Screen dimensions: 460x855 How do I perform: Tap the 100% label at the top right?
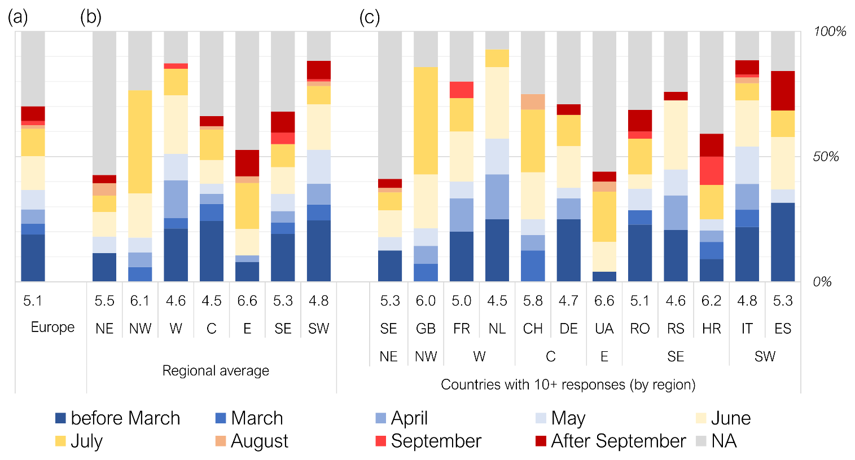(829, 32)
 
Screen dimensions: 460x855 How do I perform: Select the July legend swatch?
(60, 441)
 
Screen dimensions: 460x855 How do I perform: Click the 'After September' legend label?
(618, 441)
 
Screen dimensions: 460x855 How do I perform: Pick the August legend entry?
(259, 441)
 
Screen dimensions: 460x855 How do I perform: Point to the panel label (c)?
(370, 17)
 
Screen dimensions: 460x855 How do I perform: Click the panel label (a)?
(17, 17)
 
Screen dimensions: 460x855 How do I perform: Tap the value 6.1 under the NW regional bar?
(140, 301)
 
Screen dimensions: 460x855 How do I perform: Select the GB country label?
(426, 329)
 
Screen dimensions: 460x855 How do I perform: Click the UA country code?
(604, 329)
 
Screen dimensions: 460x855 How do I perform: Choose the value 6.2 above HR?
(711, 301)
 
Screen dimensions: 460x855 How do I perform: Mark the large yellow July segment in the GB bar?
(426, 121)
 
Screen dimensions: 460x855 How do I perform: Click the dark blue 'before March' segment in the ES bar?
(783, 242)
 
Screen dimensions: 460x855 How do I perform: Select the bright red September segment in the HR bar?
(711, 171)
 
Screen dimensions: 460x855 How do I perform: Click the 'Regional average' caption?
(216, 371)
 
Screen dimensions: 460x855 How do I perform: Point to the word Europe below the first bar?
(52, 328)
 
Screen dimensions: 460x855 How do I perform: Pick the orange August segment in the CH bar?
(533, 102)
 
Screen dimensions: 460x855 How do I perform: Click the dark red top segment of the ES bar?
(783, 91)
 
